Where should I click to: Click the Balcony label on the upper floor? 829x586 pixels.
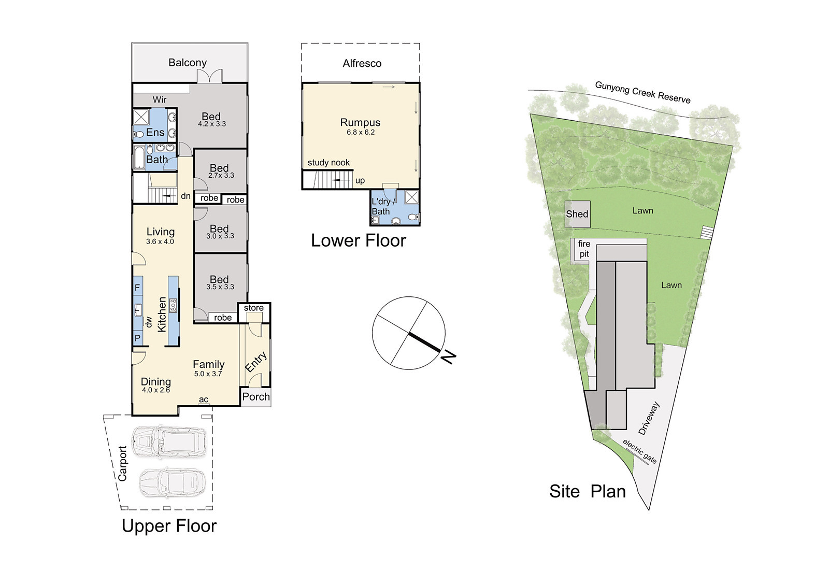point(188,63)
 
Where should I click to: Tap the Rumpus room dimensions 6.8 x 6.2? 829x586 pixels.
point(361,132)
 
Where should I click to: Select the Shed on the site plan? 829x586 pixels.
point(577,214)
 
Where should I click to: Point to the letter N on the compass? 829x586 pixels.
point(448,357)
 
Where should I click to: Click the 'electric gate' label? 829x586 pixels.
point(639,451)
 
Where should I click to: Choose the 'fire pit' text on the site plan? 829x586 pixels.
point(584,249)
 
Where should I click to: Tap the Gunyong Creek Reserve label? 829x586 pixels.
point(643,92)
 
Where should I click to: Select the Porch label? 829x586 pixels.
point(256,397)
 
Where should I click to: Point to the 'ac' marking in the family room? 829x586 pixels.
point(204,399)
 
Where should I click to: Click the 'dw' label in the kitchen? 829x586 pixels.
point(148,322)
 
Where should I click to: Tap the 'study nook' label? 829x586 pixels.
point(328,163)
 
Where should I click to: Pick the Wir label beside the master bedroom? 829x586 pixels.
point(160,99)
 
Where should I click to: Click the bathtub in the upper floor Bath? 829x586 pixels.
point(139,158)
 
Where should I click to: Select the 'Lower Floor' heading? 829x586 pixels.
point(358,240)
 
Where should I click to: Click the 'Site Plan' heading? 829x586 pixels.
point(588,492)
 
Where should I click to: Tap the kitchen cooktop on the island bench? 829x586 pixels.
point(173,306)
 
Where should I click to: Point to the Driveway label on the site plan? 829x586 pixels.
point(650,418)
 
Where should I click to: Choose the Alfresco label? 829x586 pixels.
point(362,64)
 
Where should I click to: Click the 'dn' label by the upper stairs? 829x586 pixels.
point(186,196)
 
